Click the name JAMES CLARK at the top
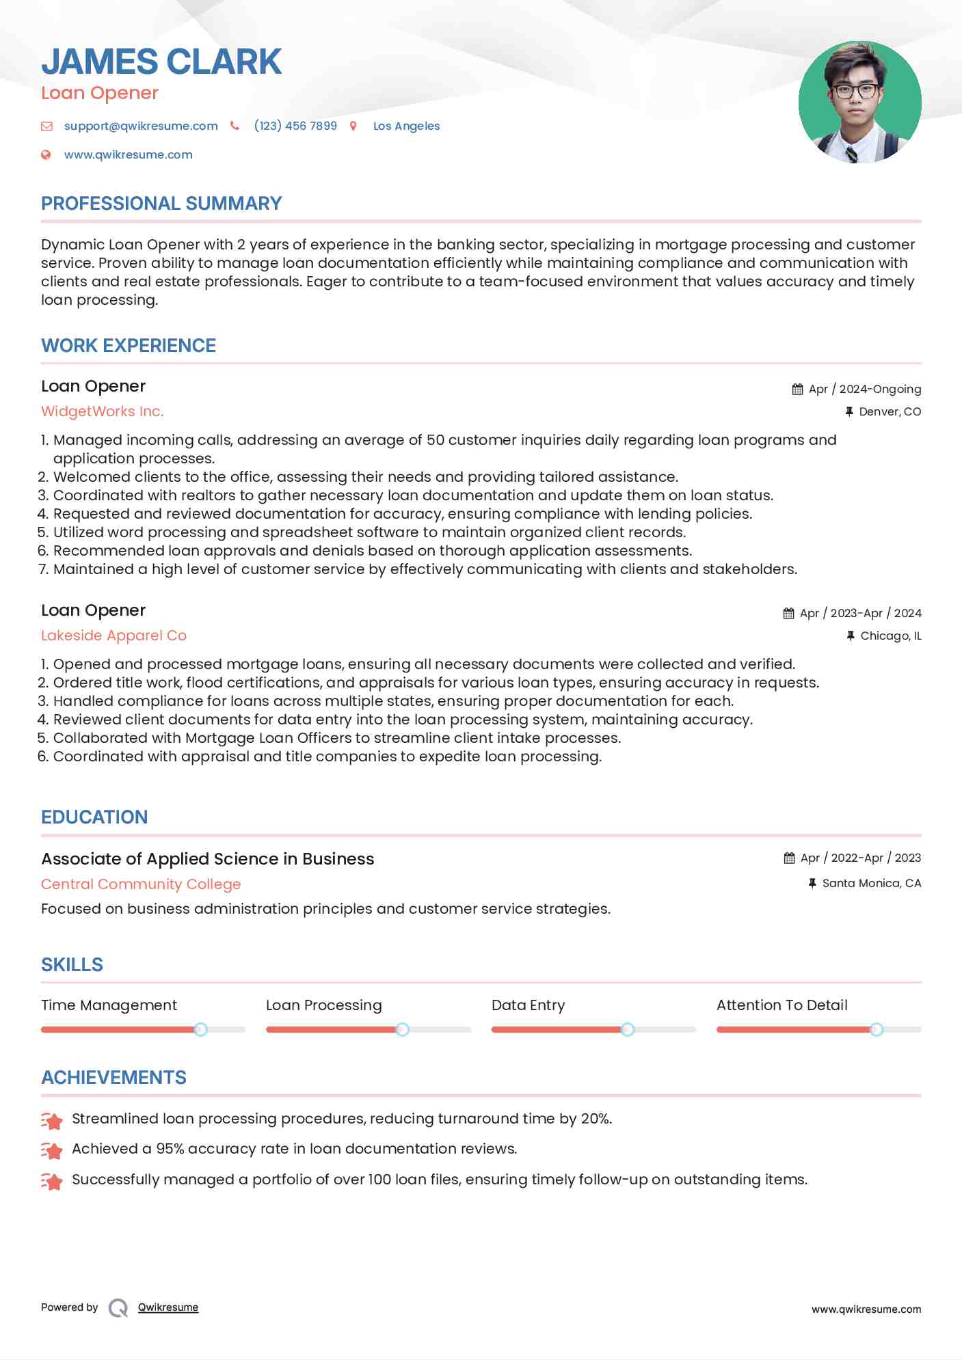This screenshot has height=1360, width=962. pyautogui.click(x=161, y=62)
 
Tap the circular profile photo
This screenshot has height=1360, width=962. pyautogui.click(x=859, y=102)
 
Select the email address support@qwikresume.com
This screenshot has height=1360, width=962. pyautogui.click(x=141, y=126)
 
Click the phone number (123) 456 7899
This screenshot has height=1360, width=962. pyautogui.click(x=295, y=126)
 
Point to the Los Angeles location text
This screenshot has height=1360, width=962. pyautogui.click(x=406, y=126)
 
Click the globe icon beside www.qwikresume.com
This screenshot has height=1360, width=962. pyautogui.click(x=46, y=155)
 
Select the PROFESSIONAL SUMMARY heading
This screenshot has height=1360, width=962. pyautogui.click(x=161, y=204)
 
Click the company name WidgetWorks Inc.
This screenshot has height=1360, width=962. pyautogui.click(x=103, y=411)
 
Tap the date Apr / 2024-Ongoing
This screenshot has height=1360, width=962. pyautogui.click(x=864, y=389)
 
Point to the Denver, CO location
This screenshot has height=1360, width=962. pyautogui.click(x=890, y=411)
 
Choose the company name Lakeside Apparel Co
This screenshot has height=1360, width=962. pyautogui.click(x=113, y=636)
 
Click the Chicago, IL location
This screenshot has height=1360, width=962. pyautogui.click(x=890, y=636)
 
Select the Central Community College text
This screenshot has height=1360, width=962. pyautogui.click(x=141, y=884)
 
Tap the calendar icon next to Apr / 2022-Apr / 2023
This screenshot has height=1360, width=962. pyautogui.click(x=789, y=858)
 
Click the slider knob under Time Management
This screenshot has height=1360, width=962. pyautogui.click(x=200, y=1029)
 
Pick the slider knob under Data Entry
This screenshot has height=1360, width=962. pyautogui.click(x=627, y=1029)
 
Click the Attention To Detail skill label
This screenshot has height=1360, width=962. pyautogui.click(x=781, y=1005)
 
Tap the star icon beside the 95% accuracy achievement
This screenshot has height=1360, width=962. pyautogui.click(x=52, y=1150)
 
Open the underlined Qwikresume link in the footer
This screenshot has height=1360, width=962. pyautogui.click(x=168, y=1307)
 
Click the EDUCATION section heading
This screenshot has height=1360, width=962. pyautogui.click(x=94, y=817)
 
